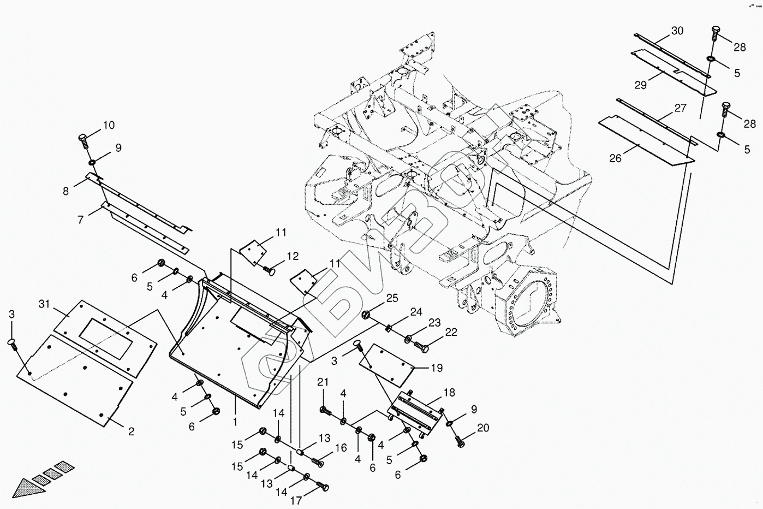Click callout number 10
click(109, 125)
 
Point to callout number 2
click(131, 431)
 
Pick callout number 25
click(392, 298)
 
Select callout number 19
click(437, 368)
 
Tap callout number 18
click(449, 393)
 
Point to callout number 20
click(484, 428)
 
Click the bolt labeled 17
click(321, 486)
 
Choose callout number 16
click(341, 448)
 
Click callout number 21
click(323, 382)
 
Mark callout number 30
click(677, 31)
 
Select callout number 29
click(640, 85)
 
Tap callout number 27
click(680, 108)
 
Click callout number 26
click(616, 158)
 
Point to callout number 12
click(293, 256)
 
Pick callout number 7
click(80, 220)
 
